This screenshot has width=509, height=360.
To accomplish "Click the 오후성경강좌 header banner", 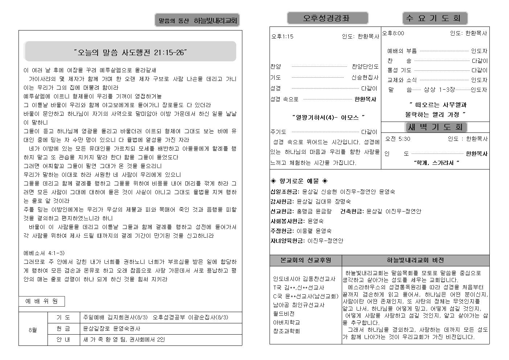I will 327,18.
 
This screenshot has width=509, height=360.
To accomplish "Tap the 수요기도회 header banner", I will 435,18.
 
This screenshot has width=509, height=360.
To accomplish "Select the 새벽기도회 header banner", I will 435,127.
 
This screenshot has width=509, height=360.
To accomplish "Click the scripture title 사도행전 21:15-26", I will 130,52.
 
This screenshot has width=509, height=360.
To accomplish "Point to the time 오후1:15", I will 282,36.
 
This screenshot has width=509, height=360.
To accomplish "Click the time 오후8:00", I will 393,33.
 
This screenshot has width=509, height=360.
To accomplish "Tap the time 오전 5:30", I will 398,139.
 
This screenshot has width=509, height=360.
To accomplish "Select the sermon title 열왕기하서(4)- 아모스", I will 328,117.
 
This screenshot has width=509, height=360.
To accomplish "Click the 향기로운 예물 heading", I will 299,181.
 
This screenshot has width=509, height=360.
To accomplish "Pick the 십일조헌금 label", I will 285,191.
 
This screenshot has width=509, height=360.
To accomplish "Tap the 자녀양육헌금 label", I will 287,240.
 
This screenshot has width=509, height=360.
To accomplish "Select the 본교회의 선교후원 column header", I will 305,260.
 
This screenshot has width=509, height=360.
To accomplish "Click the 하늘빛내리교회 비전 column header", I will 415,260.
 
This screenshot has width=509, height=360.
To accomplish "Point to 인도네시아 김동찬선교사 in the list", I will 304,279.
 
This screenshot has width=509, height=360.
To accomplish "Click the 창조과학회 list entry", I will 286,331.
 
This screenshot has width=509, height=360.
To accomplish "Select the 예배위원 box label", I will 41,301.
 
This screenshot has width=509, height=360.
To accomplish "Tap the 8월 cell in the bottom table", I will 33,330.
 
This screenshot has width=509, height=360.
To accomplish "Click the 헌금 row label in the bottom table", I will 63,328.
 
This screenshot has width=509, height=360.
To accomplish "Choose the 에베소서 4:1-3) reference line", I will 44,253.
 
